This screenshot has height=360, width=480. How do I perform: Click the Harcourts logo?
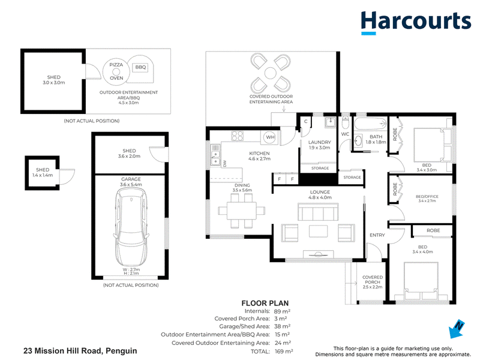(x=416, y=23)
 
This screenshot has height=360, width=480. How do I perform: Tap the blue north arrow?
(x=456, y=329)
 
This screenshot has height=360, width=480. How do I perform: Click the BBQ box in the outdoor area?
(x=140, y=67)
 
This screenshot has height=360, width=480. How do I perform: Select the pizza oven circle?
(x=116, y=71)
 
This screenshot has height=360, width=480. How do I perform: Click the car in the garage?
(x=131, y=227)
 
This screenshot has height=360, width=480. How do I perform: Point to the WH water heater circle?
(x=270, y=137)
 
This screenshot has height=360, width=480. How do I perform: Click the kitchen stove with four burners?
(x=237, y=136)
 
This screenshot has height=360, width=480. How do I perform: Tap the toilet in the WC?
(x=346, y=122)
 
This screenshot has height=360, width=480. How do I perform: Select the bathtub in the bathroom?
(x=370, y=124)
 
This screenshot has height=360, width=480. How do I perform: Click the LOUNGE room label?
(x=320, y=192)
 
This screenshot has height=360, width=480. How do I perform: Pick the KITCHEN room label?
(x=259, y=154)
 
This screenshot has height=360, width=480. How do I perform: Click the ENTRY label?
(x=377, y=235)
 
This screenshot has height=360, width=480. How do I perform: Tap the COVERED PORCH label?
(x=373, y=280)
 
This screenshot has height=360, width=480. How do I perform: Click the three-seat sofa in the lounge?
(x=318, y=212)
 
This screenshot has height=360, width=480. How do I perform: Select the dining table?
(x=242, y=211)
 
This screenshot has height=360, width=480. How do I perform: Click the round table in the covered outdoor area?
(x=271, y=73)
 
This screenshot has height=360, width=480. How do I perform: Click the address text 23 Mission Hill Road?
(x=64, y=351)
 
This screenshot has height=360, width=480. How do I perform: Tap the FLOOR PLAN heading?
(x=265, y=304)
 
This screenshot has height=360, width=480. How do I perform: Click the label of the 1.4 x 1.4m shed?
(x=43, y=172)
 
